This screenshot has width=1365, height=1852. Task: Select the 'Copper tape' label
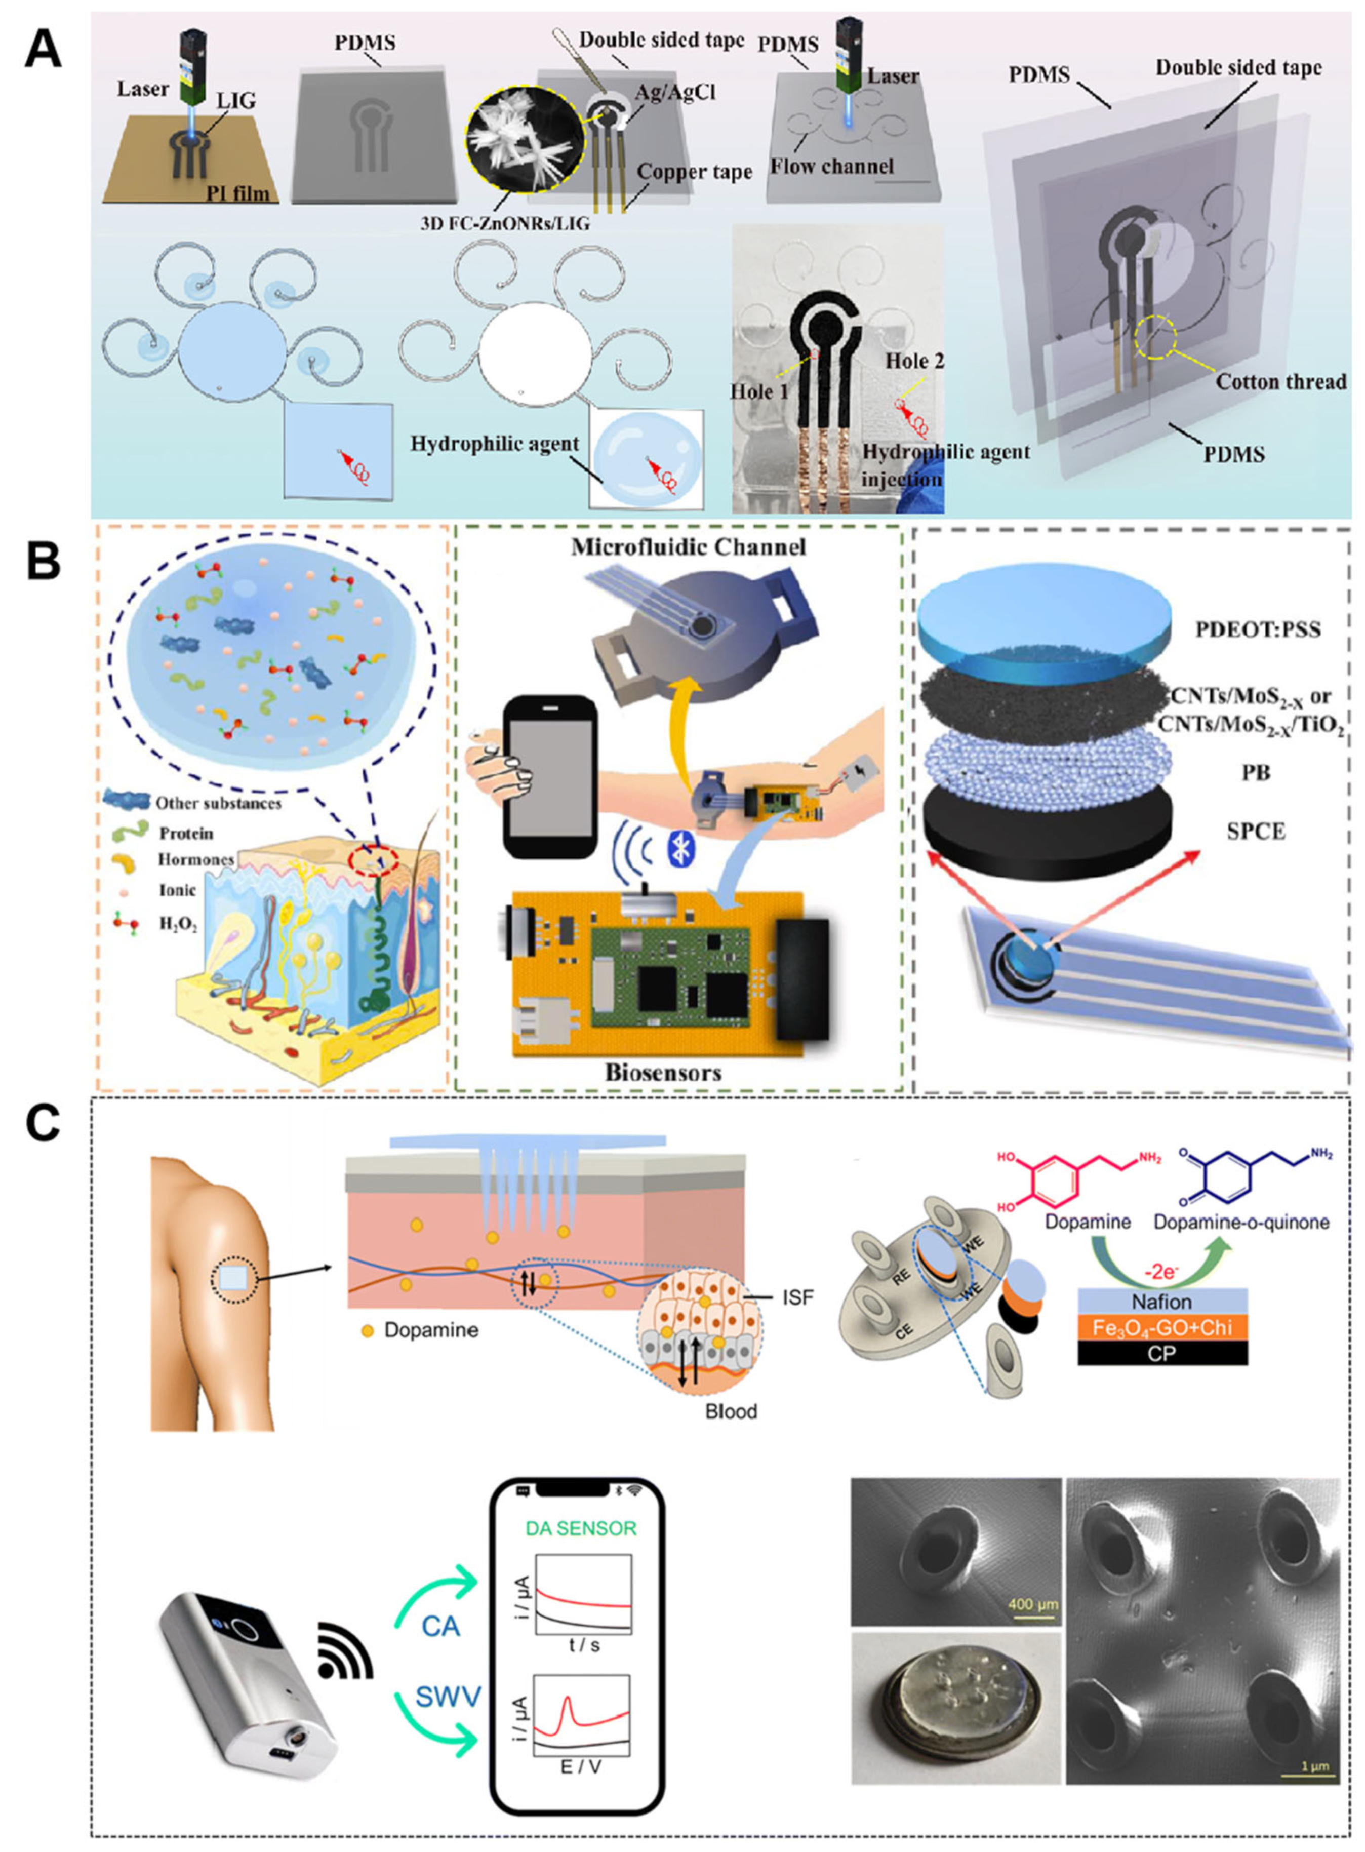pos(694,172)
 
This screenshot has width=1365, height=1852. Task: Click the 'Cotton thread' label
pos(1281,382)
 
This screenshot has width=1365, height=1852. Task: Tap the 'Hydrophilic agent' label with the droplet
pos(494,444)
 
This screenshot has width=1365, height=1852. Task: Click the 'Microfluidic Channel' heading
pos(688,547)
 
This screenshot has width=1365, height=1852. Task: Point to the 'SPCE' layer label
pos(1256,832)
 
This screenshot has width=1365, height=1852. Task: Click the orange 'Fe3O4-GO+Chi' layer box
pos(1162,1328)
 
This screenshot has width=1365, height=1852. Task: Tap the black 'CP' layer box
pos(1162,1354)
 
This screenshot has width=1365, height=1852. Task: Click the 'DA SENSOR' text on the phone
pos(581,1528)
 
